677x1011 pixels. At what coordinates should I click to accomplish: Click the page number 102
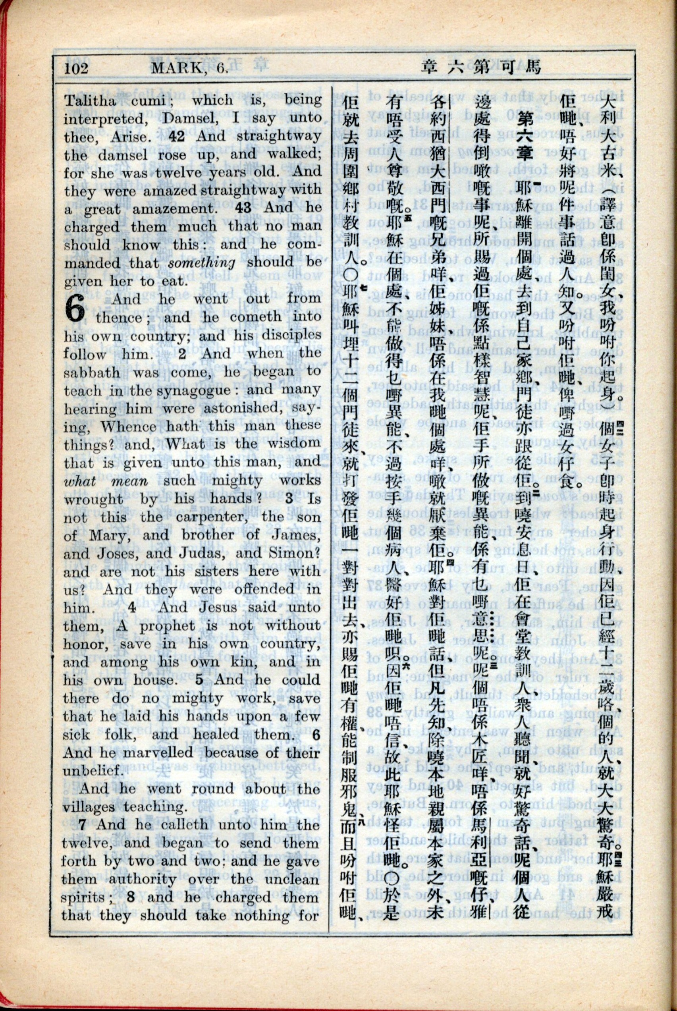[76, 68]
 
